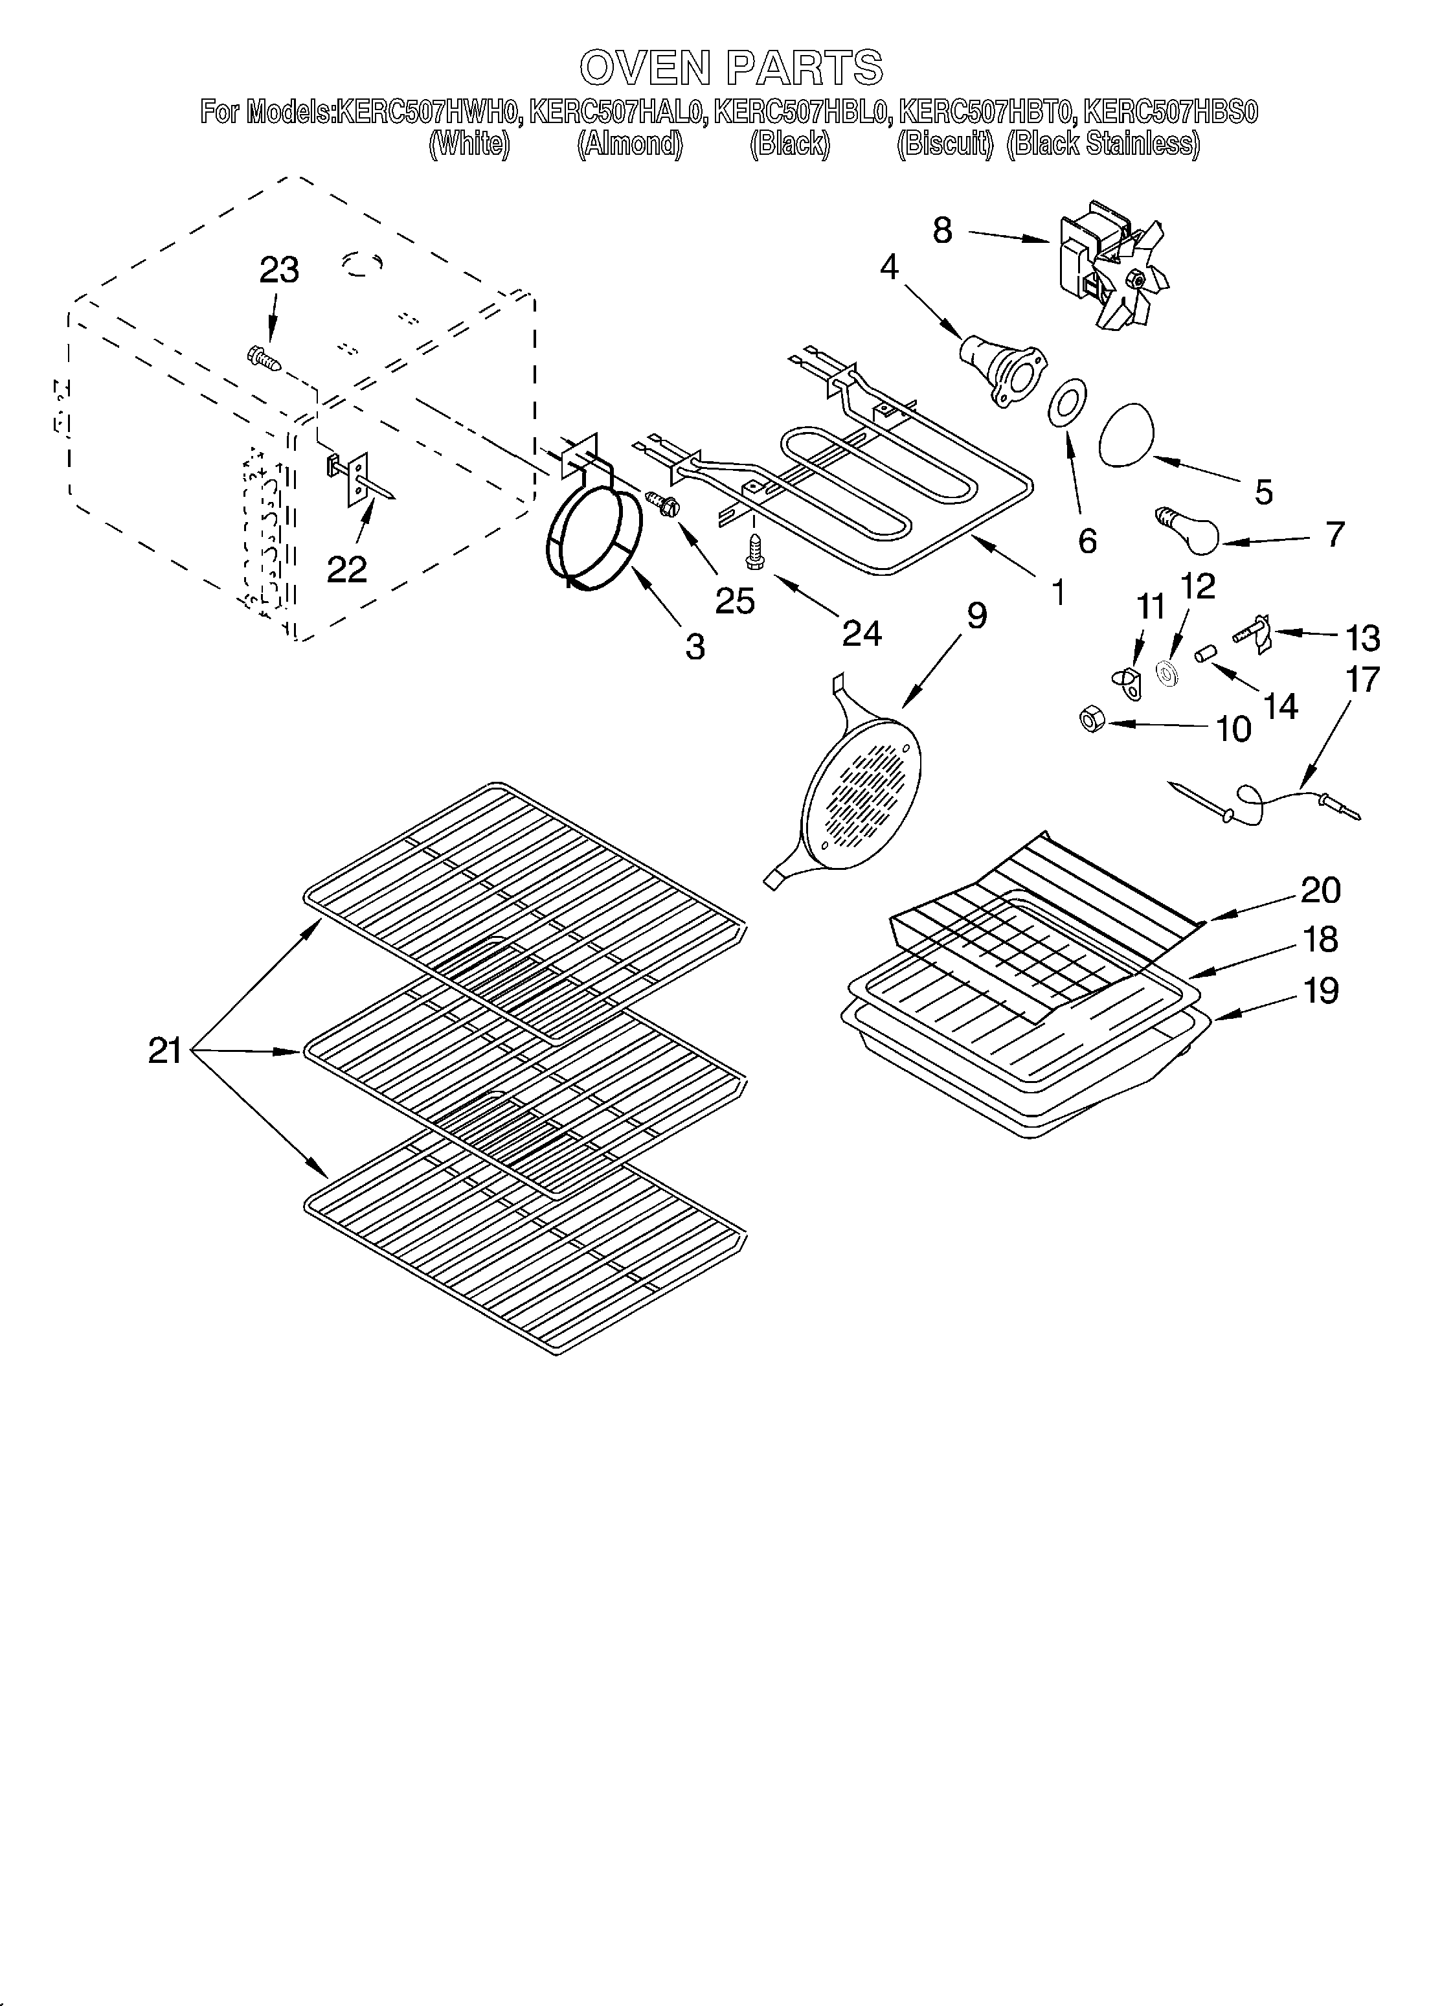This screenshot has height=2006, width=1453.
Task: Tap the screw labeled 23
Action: (x=263, y=358)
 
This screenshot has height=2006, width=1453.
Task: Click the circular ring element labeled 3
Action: (x=592, y=537)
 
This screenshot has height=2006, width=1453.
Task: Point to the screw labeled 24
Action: (x=754, y=552)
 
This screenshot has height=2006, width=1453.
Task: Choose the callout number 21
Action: (x=164, y=1051)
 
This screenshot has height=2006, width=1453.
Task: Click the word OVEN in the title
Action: (x=646, y=68)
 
